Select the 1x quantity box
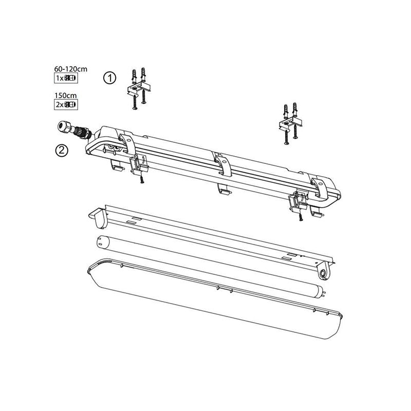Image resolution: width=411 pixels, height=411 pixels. point(65,78)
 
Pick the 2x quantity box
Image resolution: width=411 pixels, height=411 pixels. point(65,105)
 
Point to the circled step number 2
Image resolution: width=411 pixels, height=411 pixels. point(61,151)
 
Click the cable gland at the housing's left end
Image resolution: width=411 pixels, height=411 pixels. point(72,129)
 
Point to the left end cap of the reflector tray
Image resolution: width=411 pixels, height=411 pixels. point(98,218)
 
